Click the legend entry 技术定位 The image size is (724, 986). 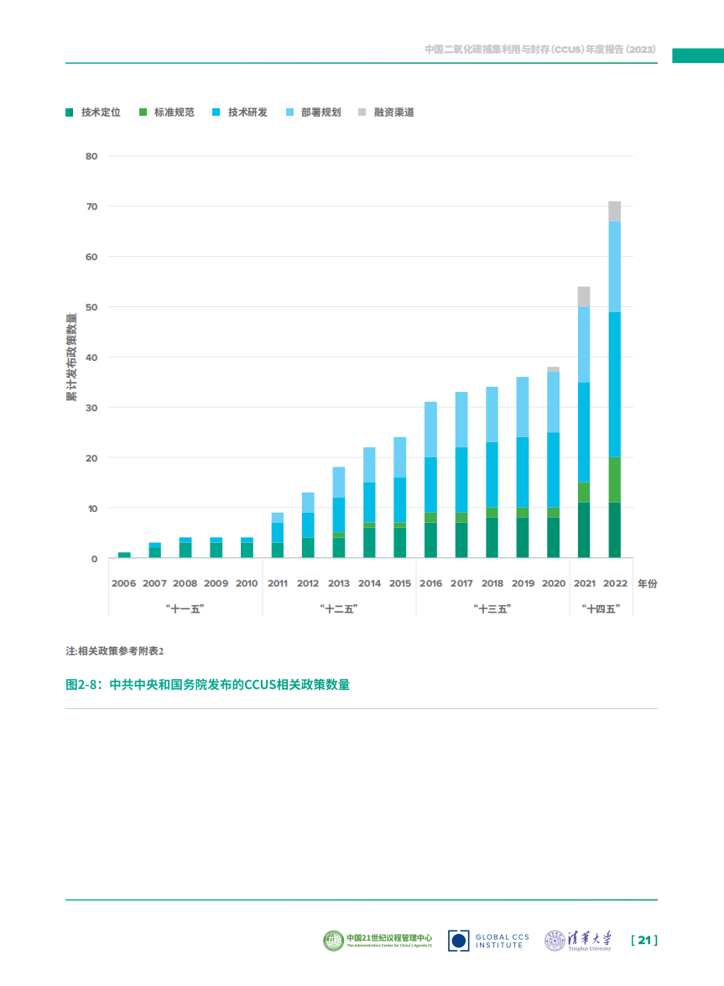pos(93,112)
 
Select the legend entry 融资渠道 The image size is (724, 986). pos(387,112)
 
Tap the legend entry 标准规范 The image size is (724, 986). pos(167,112)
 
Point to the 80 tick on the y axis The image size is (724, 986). pos(91,156)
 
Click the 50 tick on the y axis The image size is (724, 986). pos(91,307)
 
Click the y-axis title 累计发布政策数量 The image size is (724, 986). pos(71,357)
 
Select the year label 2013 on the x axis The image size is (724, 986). pos(339,583)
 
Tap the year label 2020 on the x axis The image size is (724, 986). pos(554,583)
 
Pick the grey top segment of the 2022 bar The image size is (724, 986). pos(615,211)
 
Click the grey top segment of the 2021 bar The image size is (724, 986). pos(584,296)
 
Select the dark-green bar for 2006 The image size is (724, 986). pos(124,555)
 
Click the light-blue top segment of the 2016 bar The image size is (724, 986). pos(430,430)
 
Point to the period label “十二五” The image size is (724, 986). pos(339,609)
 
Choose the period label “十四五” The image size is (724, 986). pos(599,609)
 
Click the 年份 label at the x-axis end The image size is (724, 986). pos(647,583)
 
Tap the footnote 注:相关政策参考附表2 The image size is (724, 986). pos(115,651)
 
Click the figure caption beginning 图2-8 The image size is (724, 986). pos(207,685)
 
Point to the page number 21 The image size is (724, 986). pos(643,941)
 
